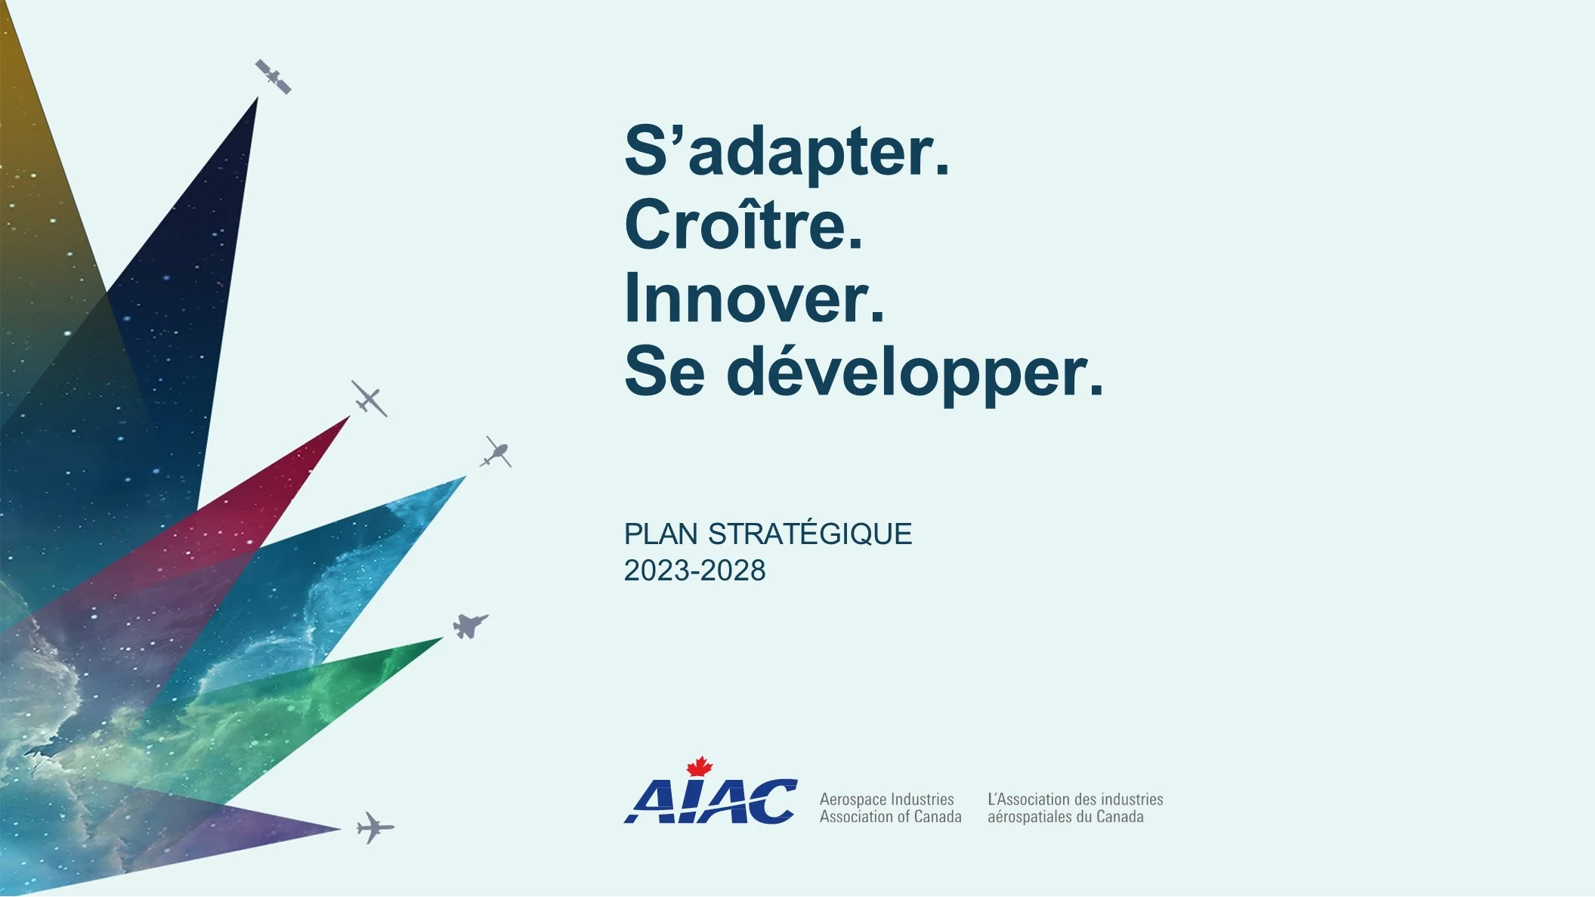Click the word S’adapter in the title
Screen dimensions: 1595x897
[778, 151]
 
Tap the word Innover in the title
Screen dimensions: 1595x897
[746, 298]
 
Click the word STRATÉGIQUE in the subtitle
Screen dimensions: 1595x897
[810, 534]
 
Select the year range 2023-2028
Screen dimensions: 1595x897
[694, 571]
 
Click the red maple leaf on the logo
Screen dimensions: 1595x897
[700, 766]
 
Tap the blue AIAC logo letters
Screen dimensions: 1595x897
[710, 801]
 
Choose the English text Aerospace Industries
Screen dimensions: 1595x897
[886, 800]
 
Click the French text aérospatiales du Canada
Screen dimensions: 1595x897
[1065, 817]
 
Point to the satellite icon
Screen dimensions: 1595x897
[273, 76]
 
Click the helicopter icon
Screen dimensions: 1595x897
[496, 452]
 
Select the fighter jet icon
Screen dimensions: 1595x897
[470, 626]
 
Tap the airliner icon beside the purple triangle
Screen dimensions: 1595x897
[375, 828]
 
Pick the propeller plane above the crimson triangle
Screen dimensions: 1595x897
[369, 398]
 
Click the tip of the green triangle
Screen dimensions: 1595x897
[444, 638]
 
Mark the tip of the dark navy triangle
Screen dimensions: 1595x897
[258, 97]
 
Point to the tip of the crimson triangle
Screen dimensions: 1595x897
[350, 416]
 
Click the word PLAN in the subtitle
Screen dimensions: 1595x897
[660, 534]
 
